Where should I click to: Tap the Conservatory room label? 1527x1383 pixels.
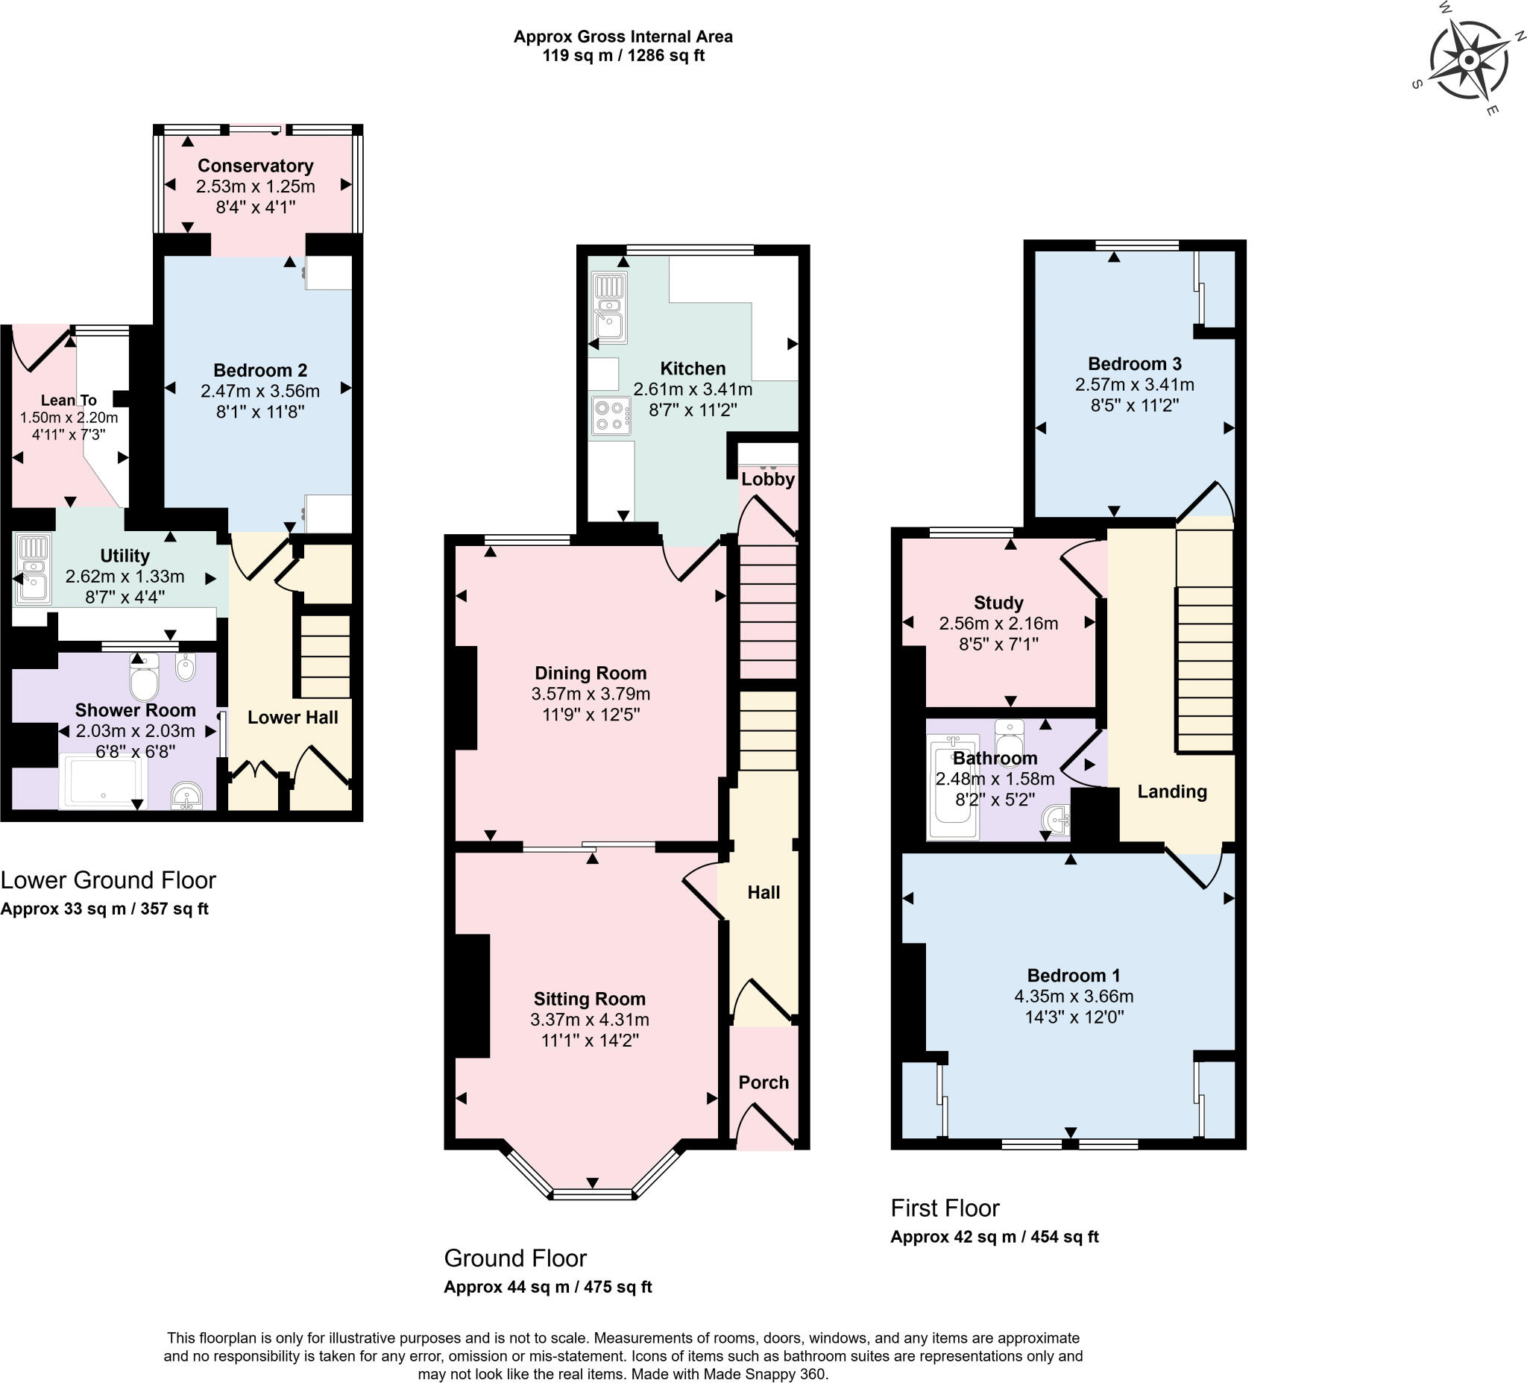pyautogui.click(x=255, y=165)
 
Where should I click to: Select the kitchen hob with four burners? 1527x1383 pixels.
pyautogui.click(x=611, y=415)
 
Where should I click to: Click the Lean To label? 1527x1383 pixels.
pyautogui.click(x=68, y=399)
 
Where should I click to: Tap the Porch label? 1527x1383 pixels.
pyautogui.click(x=763, y=1082)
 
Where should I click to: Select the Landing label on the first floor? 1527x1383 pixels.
pyautogui.click(x=1172, y=791)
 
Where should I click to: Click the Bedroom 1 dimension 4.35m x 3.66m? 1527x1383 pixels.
pyautogui.click(x=1073, y=996)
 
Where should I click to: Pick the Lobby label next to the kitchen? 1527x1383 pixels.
pyautogui.click(x=767, y=479)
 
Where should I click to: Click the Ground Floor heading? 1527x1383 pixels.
pyautogui.click(x=515, y=1258)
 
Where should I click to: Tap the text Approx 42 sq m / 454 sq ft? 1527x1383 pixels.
pyautogui.click(x=994, y=1237)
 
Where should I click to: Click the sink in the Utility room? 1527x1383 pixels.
pyautogui.click(x=33, y=569)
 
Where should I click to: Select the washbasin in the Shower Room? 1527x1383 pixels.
pyautogui.click(x=186, y=797)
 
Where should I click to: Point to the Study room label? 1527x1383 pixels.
pyautogui.click(x=998, y=603)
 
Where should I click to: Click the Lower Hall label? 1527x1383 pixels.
pyautogui.click(x=292, y=717)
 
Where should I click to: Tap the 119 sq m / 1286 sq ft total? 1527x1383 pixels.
pyautogui.click(x=623, y=55)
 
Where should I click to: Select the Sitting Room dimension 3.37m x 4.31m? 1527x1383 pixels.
pyautogui.click(x=589, y=1019)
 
